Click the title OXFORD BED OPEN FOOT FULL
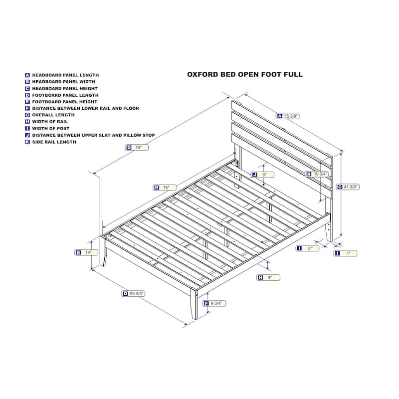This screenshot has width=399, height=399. click(245, 74)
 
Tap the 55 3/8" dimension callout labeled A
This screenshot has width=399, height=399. click(288, 116)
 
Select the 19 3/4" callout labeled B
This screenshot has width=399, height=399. click(317, 174)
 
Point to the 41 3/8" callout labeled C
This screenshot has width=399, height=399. click(348, 187)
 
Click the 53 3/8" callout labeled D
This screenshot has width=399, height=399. click(133, 294)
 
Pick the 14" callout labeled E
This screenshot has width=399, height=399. click(86, 252)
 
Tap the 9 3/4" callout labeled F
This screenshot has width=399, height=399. click(214, 303)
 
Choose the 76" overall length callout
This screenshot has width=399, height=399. click(137, 147)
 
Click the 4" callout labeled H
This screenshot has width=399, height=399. click(268, 278)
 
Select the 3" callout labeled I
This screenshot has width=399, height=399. click(307, 248)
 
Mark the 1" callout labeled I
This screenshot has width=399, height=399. click(345, 253)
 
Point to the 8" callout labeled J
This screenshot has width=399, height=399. click(263, 175)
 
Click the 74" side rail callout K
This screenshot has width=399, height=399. click(165, 188)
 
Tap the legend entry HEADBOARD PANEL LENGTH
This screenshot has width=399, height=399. click(62, 75)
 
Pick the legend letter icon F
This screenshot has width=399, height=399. click(27, 108)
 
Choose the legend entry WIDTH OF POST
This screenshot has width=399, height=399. click(47, 129)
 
